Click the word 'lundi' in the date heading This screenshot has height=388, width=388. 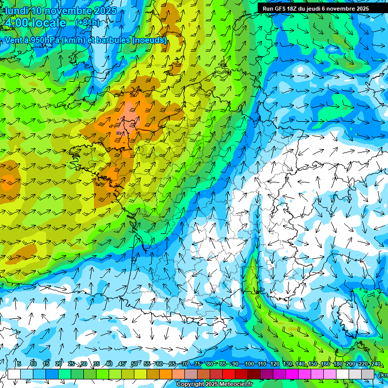[x=16, y=11]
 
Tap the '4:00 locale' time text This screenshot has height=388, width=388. [x=35, y=23]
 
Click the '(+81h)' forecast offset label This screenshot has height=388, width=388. [x=87, y=23]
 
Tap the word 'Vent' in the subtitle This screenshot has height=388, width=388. [x=15, y=40]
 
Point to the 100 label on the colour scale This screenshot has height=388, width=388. [x=249, y=364]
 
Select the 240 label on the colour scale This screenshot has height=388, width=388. [x=375, y=364]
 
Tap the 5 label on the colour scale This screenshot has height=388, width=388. [x=19, y=364]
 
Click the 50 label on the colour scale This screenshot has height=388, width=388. [x=134, y=364]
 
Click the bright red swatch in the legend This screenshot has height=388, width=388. [x=229, y=374]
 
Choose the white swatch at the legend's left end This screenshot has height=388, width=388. [x=14, y=374]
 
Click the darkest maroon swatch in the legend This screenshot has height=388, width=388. [x=254, y=374]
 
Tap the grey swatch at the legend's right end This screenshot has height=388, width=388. [x=368, y=374]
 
